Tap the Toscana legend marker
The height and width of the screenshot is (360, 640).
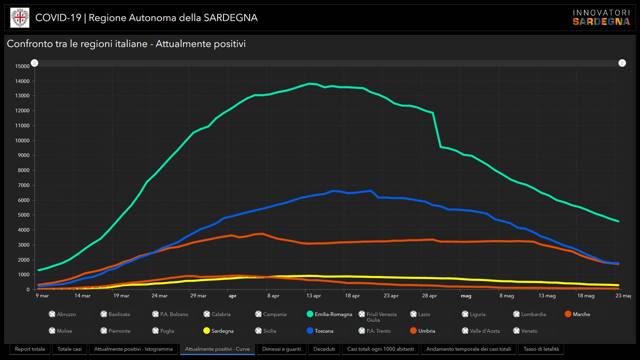[310, 331]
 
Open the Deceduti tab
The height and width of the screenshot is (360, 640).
[324, 349]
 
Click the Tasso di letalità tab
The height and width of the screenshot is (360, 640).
[541, 349]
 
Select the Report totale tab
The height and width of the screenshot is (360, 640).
[30, 349]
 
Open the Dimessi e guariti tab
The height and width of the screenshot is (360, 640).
[281, 349]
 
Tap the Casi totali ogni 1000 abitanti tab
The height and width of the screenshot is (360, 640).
[380, 349]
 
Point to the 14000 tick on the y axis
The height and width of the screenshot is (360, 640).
[22, 81]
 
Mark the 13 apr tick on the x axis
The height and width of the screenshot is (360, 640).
[313, 296]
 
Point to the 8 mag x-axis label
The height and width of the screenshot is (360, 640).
[507, 296]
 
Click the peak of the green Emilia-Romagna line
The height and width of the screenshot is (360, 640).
[309, 83]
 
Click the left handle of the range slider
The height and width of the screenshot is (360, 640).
[35, 63]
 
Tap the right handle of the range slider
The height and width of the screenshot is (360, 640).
[622, 63]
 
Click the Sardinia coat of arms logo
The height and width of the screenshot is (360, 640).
[20, 18]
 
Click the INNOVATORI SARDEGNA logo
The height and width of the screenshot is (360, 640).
[601, 18]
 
